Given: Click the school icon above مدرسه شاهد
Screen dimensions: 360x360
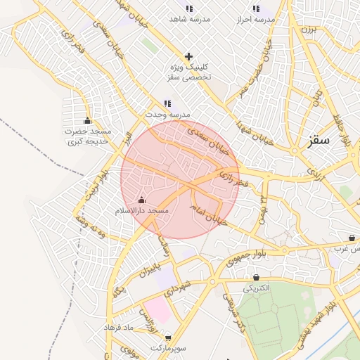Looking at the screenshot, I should click(x=188, y=8).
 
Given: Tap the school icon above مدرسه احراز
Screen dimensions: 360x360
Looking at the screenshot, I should click(x=255, y=8).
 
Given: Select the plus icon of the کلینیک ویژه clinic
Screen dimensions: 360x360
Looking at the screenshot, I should click(x=188, y=56).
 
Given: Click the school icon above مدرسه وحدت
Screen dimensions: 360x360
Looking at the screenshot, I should click(x=167, y=103).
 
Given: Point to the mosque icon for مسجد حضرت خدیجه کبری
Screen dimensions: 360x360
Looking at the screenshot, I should click(x=87, y=120).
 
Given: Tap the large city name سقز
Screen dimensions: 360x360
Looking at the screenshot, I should click(x=319, y=139).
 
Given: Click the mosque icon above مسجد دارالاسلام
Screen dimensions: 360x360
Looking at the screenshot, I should click(x=141, y=200).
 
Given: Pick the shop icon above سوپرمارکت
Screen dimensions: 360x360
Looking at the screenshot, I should click(x=167, y=337).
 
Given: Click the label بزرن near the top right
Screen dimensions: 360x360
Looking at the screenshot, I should click(x=310, y=30).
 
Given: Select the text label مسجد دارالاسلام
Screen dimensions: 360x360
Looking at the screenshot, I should click(x=141, y=210).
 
